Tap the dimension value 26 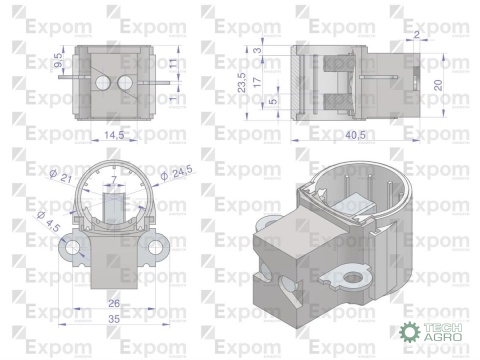[x=113, y=304]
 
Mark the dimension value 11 [x=172, y=63]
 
